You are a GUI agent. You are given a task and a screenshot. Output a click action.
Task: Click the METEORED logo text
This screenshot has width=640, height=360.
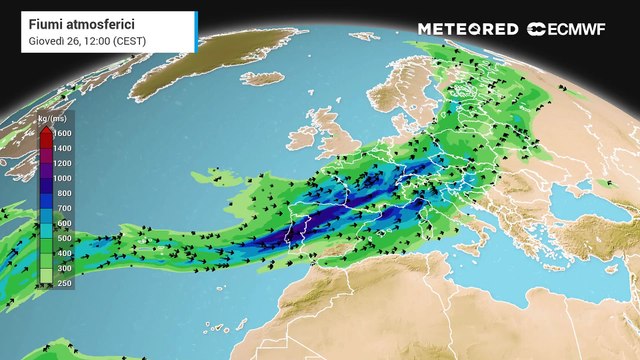coord(469,29)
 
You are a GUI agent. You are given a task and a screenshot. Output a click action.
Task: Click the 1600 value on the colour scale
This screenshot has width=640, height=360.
coord(63,133)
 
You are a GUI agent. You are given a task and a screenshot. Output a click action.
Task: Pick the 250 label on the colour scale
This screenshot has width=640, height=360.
coord(63,284)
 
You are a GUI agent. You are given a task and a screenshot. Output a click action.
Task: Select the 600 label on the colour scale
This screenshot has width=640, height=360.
coord(63,223)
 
